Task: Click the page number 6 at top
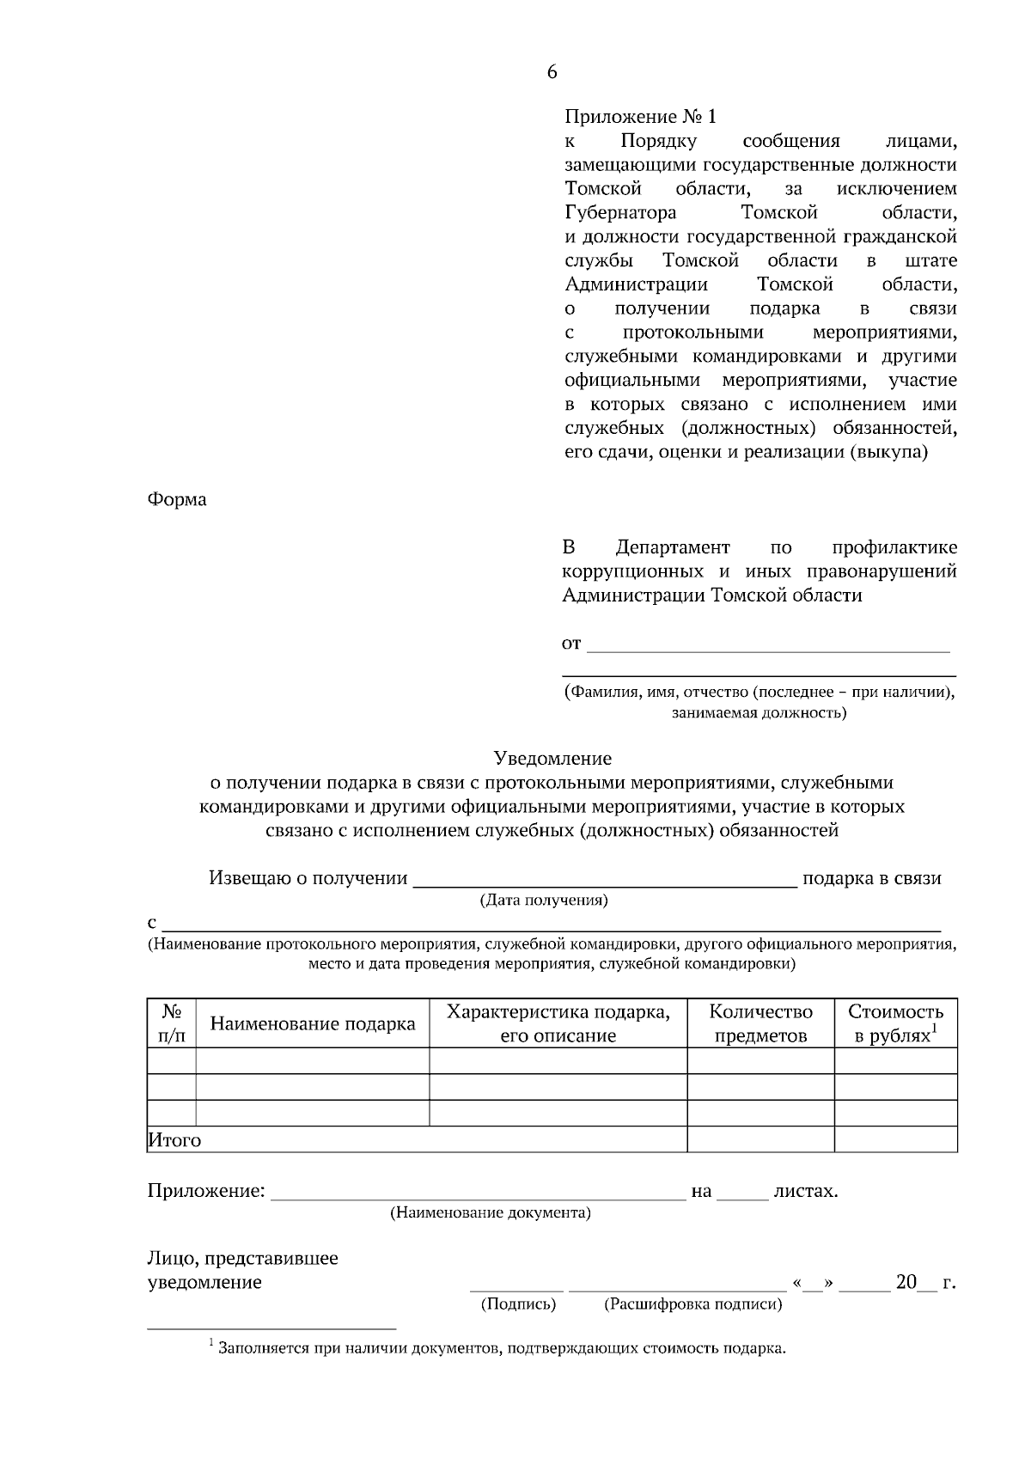tap(552, 72)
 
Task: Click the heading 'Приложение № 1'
tap(640, 117)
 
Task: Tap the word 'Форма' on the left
tap(177, 499)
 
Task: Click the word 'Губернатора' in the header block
tap(620, 212)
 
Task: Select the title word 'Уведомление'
tap(552, 758)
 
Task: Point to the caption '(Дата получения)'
tap(544, 900)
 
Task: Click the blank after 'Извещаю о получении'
tap(605, 878)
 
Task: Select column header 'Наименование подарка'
tap(313, 1023)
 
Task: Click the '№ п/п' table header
tap(172, 1023)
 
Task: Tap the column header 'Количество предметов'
tap(760, 1023)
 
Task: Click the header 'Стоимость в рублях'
tap(895, 1023)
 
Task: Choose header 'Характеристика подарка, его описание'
tap(558, 1023)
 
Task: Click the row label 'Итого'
tap(175, 1140)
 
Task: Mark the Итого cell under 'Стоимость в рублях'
tap(895, 1139)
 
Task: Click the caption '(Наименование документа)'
tap(491, 1213)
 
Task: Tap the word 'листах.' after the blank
tap(805, 1191)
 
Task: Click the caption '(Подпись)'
tap(518, 1304)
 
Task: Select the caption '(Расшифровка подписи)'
tap(693, 1304)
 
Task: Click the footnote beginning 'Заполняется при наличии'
tap(503, 1347)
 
